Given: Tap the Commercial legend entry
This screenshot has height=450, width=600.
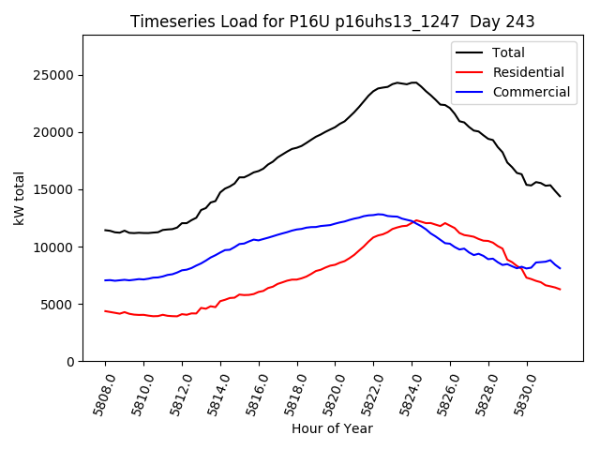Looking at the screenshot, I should click(531, 92).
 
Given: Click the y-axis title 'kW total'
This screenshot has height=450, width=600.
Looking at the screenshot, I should click(20, 198).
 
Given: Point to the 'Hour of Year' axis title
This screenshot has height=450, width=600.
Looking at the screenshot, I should click(332, 428).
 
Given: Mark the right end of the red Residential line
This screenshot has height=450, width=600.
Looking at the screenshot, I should click(560, 289).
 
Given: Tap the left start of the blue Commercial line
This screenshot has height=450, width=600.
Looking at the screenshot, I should click(105, 280).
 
